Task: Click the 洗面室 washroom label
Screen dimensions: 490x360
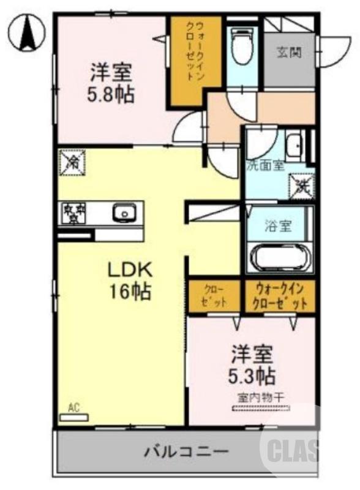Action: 265,165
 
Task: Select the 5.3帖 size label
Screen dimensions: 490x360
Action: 252,374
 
